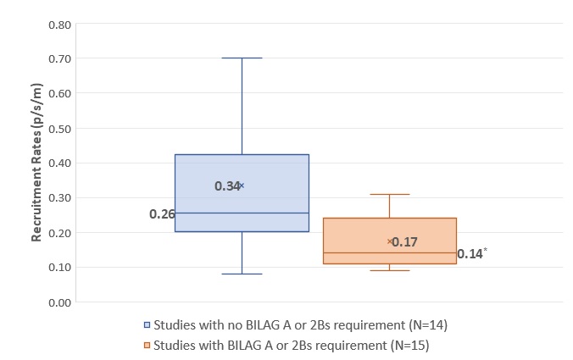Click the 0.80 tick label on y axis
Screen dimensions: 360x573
point(59,24)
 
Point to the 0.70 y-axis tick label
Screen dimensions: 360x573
point(59,58)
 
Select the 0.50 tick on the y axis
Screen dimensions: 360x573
point(59,128)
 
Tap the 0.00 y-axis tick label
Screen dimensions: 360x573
point(59,302)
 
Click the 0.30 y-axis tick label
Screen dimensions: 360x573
point(59,197)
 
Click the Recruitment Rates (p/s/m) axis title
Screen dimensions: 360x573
point(36,162)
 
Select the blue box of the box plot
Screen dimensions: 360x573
point(242,193)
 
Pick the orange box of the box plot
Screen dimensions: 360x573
point(390,241)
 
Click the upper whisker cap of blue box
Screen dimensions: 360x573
point(242,58)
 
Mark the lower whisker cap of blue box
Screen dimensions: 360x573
point(242,274)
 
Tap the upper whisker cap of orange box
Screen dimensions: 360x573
point(390,194)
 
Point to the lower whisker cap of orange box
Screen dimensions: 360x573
point(390,270)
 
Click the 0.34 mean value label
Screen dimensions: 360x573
point(226,186)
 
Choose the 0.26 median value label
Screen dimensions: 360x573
point(162,213)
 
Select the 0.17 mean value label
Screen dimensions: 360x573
point(405,242)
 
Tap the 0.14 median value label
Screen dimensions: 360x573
point(469,253)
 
